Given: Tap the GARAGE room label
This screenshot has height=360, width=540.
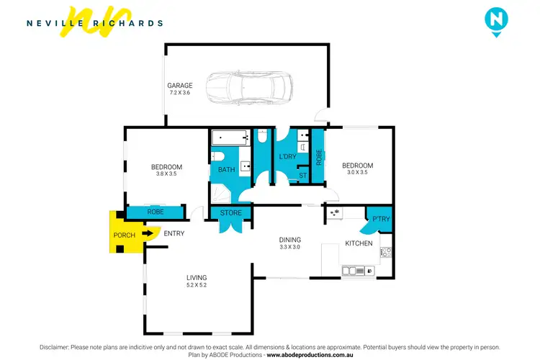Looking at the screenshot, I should (180, 86).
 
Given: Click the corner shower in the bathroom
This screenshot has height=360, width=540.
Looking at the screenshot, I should (220, 192).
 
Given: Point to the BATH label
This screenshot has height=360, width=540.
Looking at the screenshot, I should (227, 170).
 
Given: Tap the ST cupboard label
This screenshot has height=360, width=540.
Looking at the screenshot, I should (302, 175).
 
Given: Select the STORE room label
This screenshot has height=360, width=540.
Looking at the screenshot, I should (230, 212).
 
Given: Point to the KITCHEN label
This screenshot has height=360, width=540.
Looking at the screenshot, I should (359, 243).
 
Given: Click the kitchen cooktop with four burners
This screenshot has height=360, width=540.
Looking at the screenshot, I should (385, 252).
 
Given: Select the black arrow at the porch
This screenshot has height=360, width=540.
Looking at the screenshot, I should (149, 233).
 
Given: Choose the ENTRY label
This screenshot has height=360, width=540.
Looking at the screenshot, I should (174, 233).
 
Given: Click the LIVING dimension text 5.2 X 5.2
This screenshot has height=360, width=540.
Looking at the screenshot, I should (197, 286).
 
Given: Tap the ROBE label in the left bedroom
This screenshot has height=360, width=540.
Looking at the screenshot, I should (155, 212).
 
